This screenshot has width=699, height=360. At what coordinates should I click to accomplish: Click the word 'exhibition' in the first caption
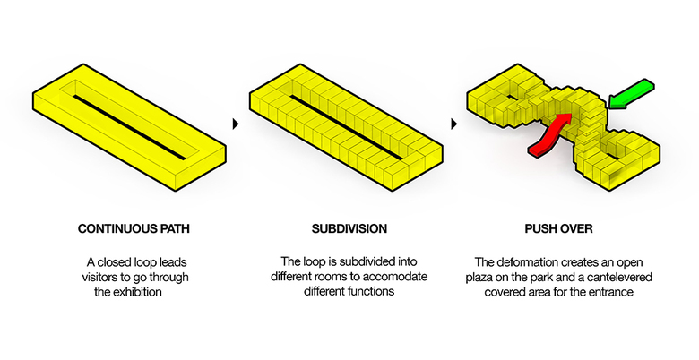tap(136, 292)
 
